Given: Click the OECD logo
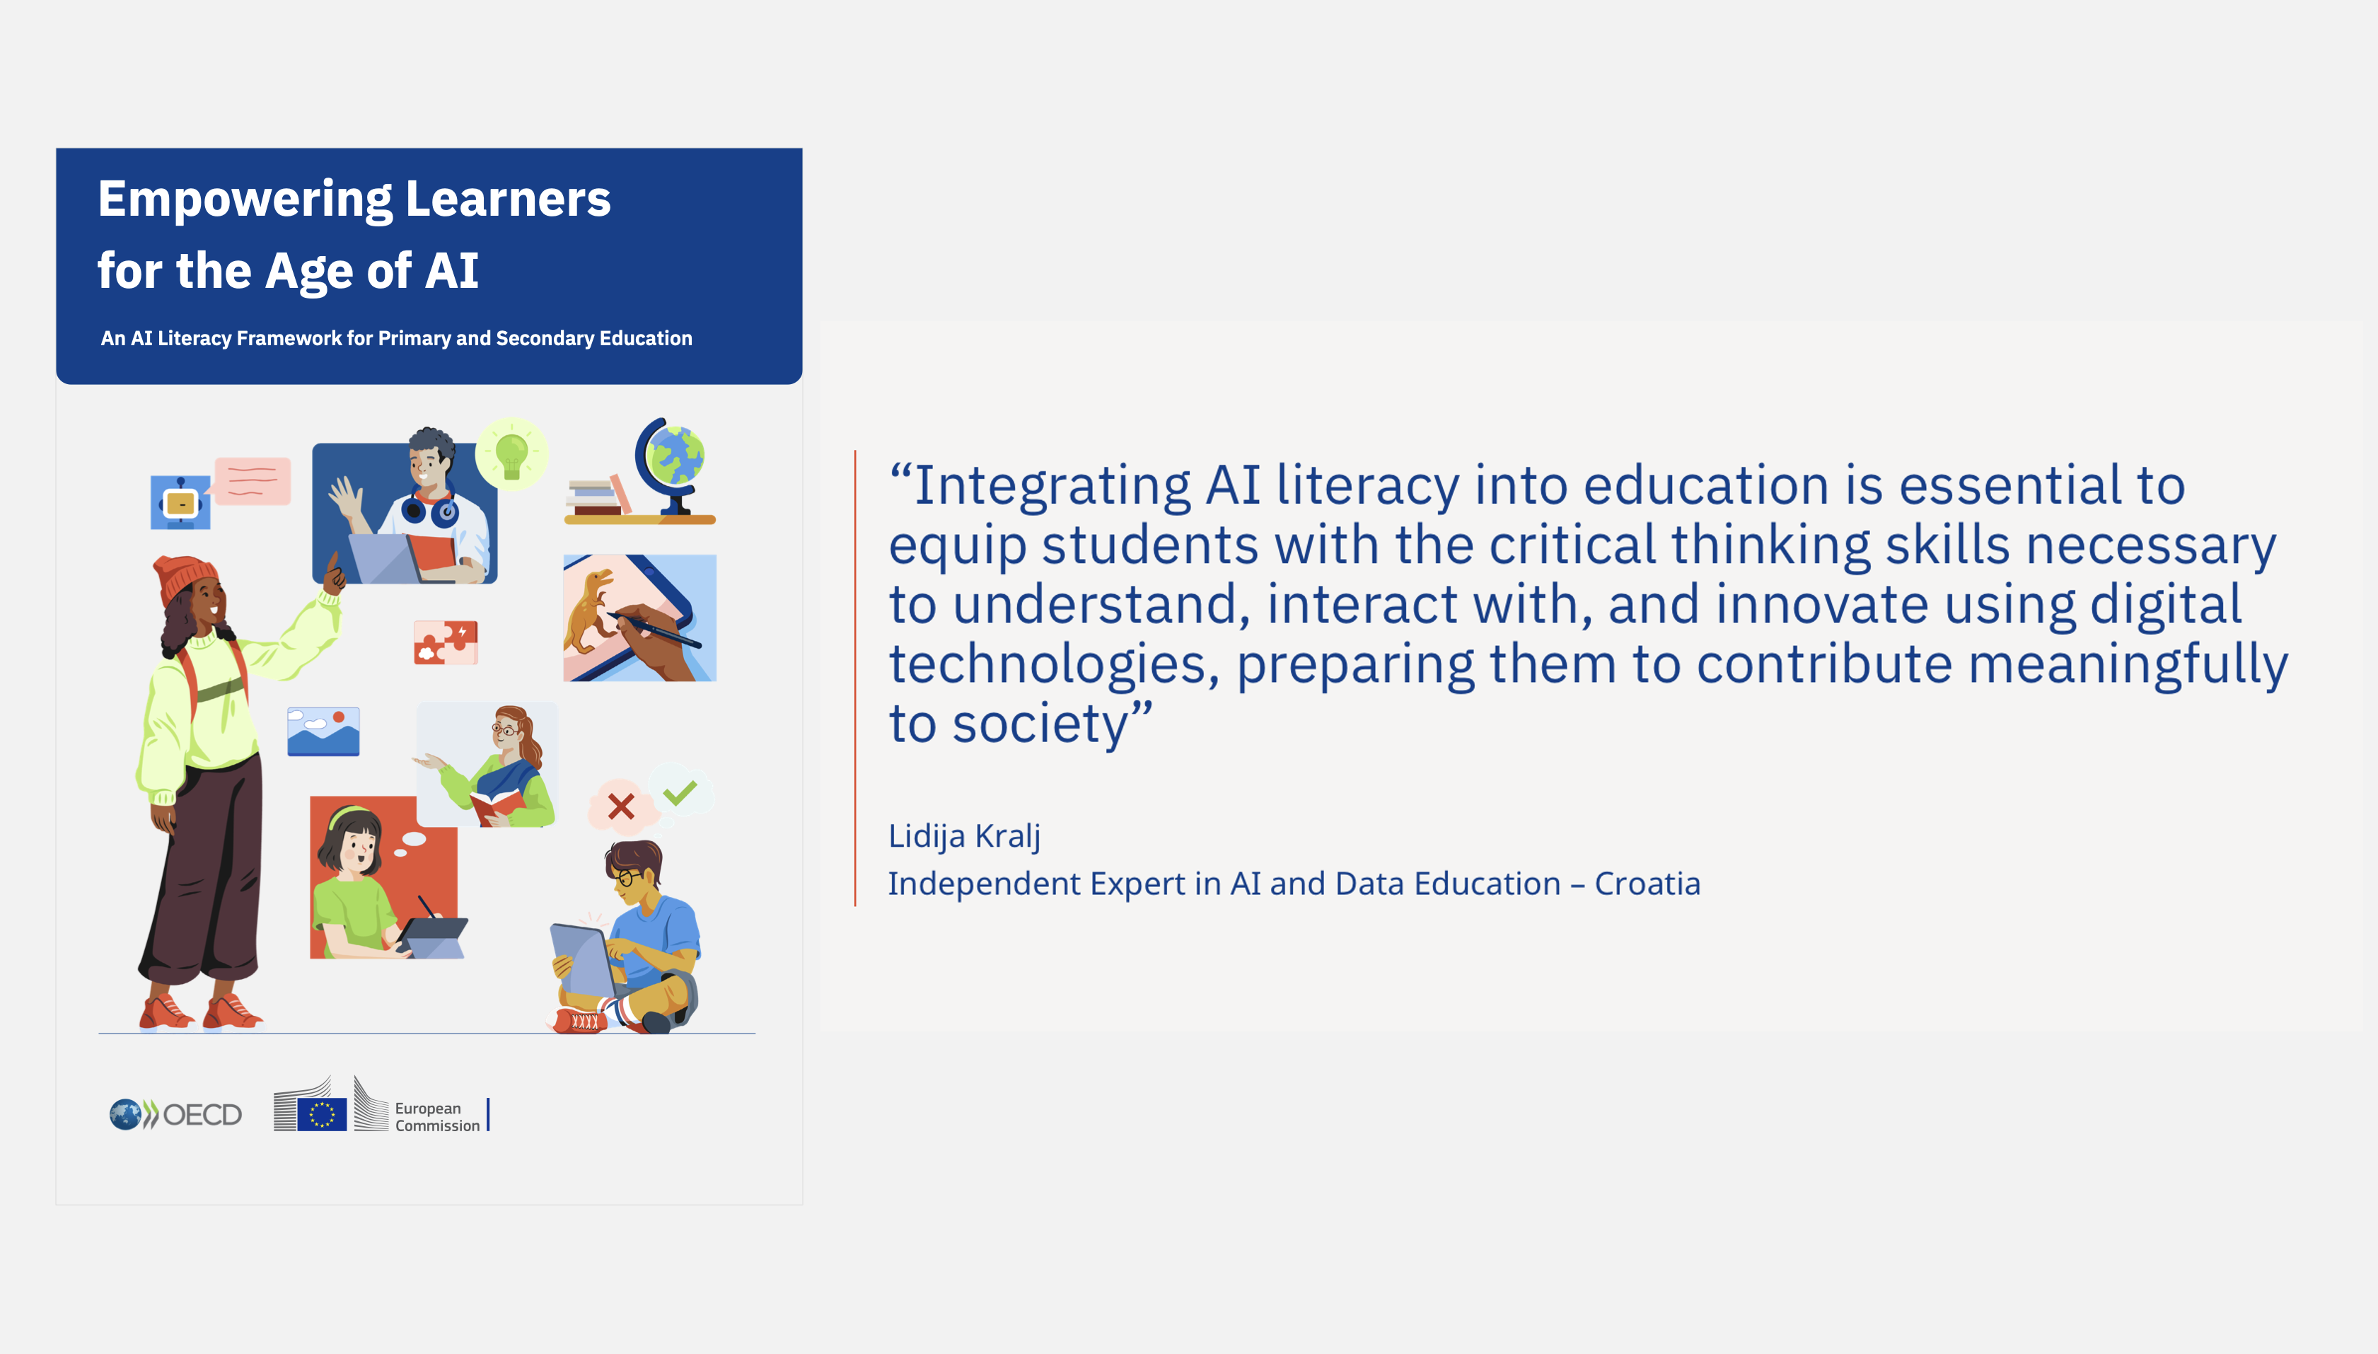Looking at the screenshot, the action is (x=175, y=1114).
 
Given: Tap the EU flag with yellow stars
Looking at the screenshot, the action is (x=322, y=1114).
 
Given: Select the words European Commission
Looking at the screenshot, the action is (x=437, y=1117).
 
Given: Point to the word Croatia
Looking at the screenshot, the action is (x=1647, y=884).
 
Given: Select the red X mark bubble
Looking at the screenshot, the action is (x=620, y=805).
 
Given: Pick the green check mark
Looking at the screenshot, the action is (x=680, y=792).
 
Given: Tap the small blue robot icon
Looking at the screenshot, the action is (x=180, y=503).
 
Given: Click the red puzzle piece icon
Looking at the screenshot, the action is (x=446, y=642).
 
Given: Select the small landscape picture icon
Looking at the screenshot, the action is (x=323, y=731).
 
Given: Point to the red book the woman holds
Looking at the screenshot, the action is (x=496, y=805).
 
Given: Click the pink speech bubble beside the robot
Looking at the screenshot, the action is (x=253, y=481).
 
